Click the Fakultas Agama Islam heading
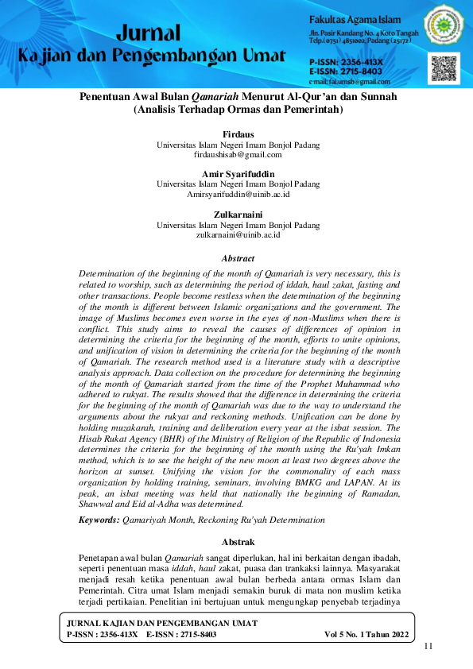[355, 18]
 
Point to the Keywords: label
[99, 520]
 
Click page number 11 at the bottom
[428, 646]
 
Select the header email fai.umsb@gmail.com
[350, 81]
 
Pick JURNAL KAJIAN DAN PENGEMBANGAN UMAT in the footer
[162, 624]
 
